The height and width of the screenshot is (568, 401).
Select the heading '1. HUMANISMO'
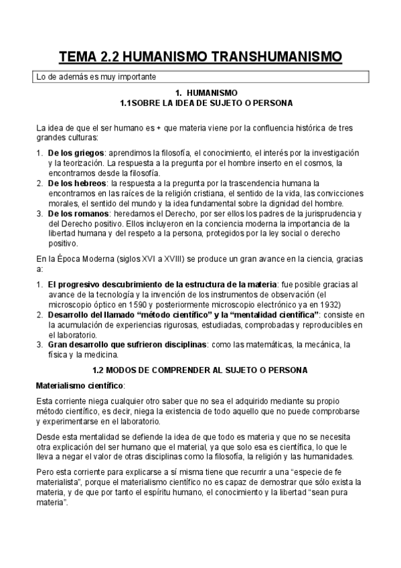pos(201,93)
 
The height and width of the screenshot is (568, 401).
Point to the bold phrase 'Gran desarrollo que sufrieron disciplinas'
pos(127,344)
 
